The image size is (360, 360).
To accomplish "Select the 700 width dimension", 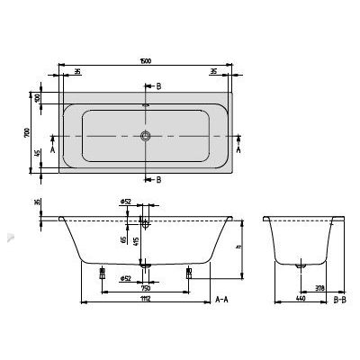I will tap(29, 134).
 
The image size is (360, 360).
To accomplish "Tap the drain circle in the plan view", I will tap(145, 138).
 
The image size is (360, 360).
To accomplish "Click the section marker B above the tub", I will tap(159, 86).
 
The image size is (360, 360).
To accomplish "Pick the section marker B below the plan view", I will tap(159, 180).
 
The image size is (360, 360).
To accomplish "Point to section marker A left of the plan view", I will tap(53, 152).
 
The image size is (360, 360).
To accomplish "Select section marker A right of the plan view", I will tap(238, 152).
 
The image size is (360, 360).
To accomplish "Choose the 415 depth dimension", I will tap(136, 242).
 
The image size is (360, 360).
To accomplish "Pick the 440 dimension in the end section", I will tap(300, 300).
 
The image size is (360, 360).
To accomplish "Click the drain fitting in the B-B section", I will tap(301, 265).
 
